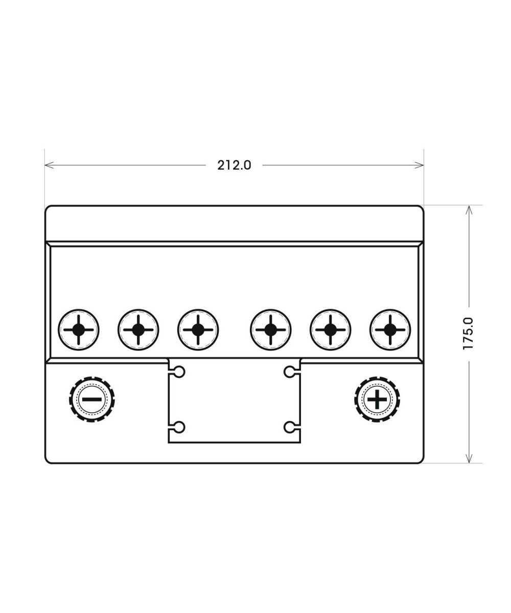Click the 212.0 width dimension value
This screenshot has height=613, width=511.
click(x=234, y=166)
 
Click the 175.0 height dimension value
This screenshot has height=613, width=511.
click(x=468, y=333)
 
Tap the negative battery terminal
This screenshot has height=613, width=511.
click(x=92, y=399)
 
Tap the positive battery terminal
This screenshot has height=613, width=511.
click(x=377, y=399)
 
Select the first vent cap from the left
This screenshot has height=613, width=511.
click(x=78, y=329)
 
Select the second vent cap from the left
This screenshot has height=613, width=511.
click(x=138, y=329)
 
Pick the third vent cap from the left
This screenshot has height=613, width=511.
click(x=198, y=329)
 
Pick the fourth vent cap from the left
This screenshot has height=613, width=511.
click(x=270, y=329)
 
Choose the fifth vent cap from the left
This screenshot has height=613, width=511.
click(x=331, y=329)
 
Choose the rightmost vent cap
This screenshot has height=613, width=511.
click(x=390, y=329)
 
